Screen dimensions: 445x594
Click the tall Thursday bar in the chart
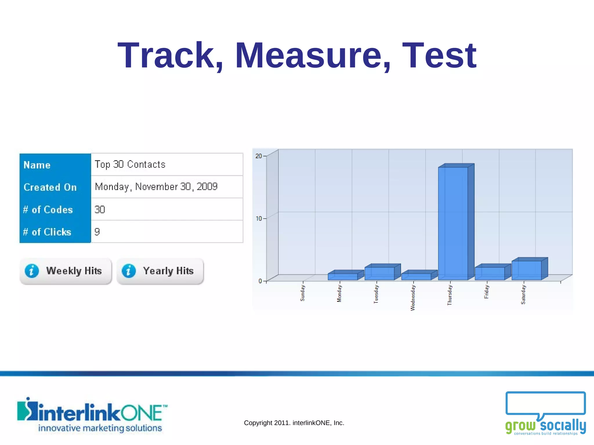(x=453, y=223)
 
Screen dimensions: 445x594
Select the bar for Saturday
(x=526, y=270)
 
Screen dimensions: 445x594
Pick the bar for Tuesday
(x=379, y=273)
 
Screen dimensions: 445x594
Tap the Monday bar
(x=343, y=276)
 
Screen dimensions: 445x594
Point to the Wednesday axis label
(x=413, y=298)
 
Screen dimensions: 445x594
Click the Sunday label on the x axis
(x=303, y=293)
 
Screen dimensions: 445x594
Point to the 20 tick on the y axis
(x=258, y=156)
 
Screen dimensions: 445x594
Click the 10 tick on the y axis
(x=258, y=218)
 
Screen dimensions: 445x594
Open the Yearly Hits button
(x=160, y=271)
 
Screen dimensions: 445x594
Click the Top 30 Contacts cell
(x=130, y=164)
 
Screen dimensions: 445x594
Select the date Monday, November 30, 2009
(x=156, y=187)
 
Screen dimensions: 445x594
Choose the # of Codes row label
(x=48, y=209)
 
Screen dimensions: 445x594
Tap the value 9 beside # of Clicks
(x=97, y=232)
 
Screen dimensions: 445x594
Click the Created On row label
(x=50, y=187)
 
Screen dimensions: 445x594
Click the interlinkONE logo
(x=92, y=415)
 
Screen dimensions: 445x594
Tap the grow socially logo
(x=545, y=414)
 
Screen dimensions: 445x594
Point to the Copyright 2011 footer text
(x=294, y=423)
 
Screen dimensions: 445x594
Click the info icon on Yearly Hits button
(x=129, y=271)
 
